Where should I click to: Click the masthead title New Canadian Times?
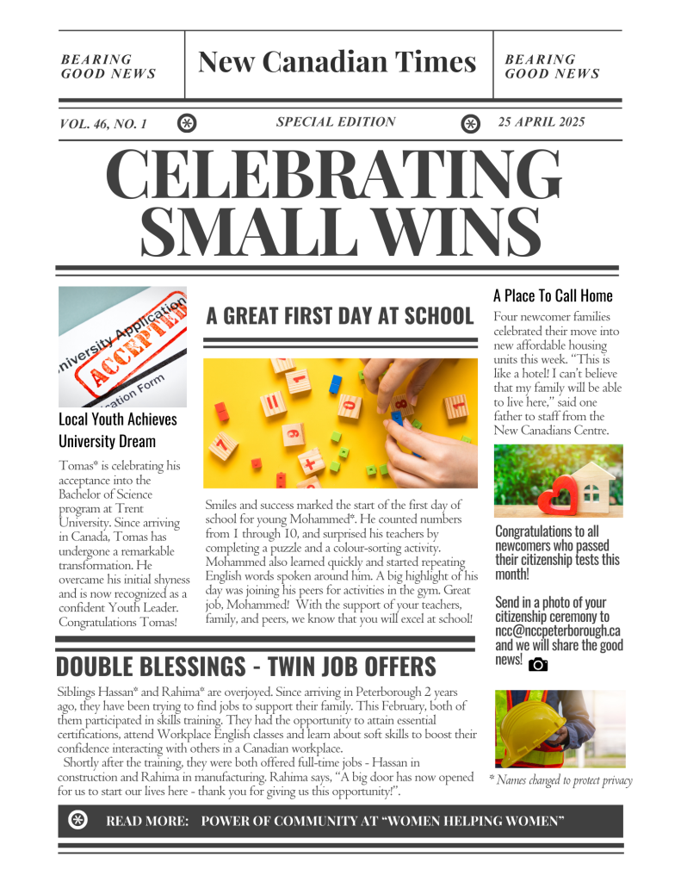(x=337, y=62)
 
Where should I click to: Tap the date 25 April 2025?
(x=542, y=122)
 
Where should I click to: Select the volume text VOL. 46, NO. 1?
(x=103, y=124)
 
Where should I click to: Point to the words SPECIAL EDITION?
(x=336, y=122)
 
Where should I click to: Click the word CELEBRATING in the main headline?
(x=338, y=175)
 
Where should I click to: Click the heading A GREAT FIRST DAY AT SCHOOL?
(x=340, y=315)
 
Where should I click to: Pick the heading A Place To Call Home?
(x=553, y=296)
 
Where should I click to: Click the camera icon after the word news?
(x=538, y=664)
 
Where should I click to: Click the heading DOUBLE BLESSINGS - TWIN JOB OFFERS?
(x=246, y=667)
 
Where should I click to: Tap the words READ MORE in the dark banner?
(x=147, y=821)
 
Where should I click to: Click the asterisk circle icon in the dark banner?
(x=77, y=820)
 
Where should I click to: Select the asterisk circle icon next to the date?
(x=471, y=124)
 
